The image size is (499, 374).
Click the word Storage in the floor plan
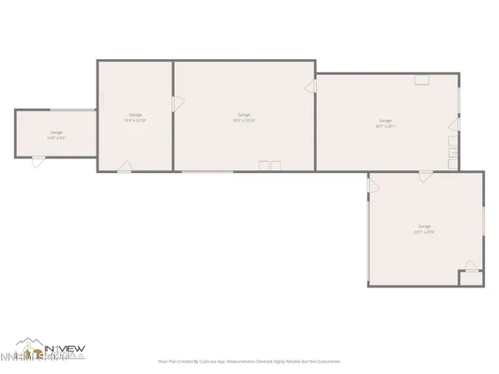click(x=135, y=114)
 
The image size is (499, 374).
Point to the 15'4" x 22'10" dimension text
click(x=135, y=121)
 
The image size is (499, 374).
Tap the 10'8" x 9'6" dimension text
click(x=57, y=138)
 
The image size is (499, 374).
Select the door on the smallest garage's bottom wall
click(x=37, y=163)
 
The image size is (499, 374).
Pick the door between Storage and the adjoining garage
click(x=176, y=104)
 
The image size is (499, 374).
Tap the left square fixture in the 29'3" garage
click(x=264, y=166)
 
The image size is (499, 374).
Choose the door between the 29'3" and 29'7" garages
click(x=311, y=86)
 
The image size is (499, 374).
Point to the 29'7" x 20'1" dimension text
click(x=385, y=126)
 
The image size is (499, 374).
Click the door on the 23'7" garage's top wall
click(x=426, y=176)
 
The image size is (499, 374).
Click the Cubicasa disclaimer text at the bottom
click(x=249, y=362)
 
